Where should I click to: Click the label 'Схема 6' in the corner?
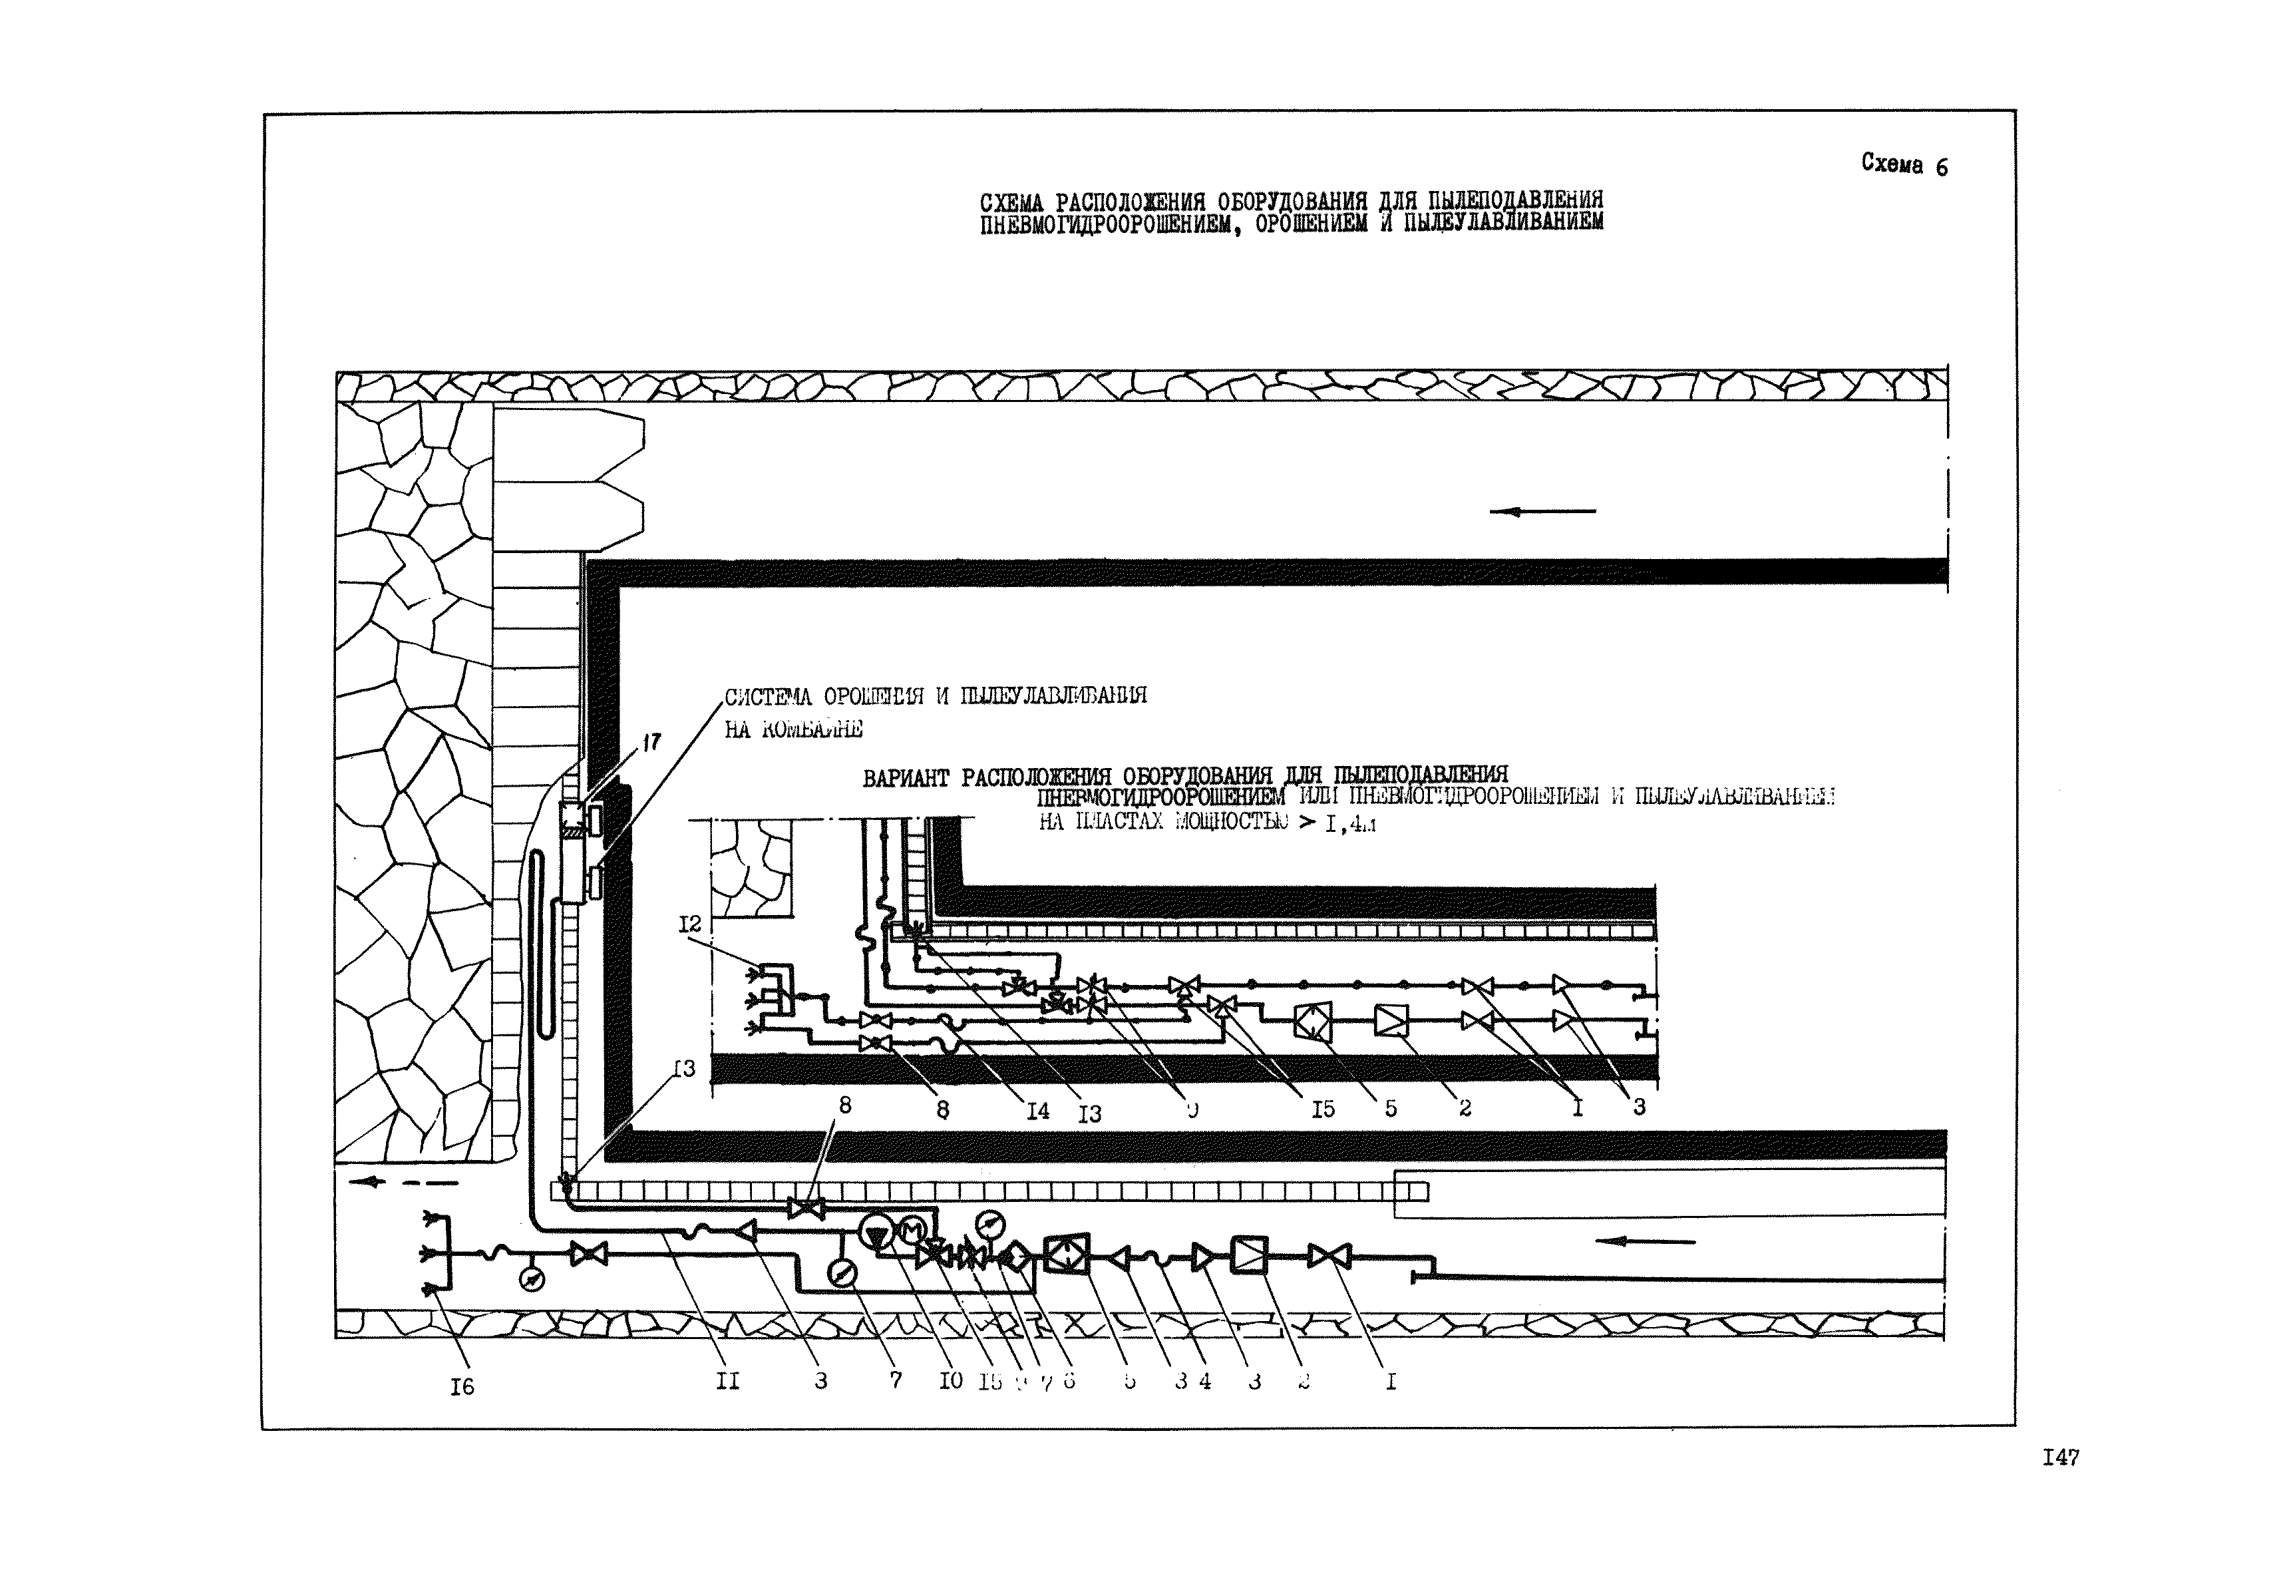1903,164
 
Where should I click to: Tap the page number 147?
2060,1458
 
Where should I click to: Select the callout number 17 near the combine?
651,743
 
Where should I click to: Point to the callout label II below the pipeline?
727,1381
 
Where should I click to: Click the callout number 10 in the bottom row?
950,1381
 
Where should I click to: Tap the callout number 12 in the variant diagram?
691,924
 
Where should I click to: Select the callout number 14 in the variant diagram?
1038,1111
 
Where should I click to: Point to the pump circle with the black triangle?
876,1232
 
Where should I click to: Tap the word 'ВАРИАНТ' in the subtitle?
906,778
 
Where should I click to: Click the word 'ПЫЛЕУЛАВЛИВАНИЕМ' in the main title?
1503,222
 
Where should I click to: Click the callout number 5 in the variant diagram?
1391,1108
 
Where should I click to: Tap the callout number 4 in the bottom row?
1204,1381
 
